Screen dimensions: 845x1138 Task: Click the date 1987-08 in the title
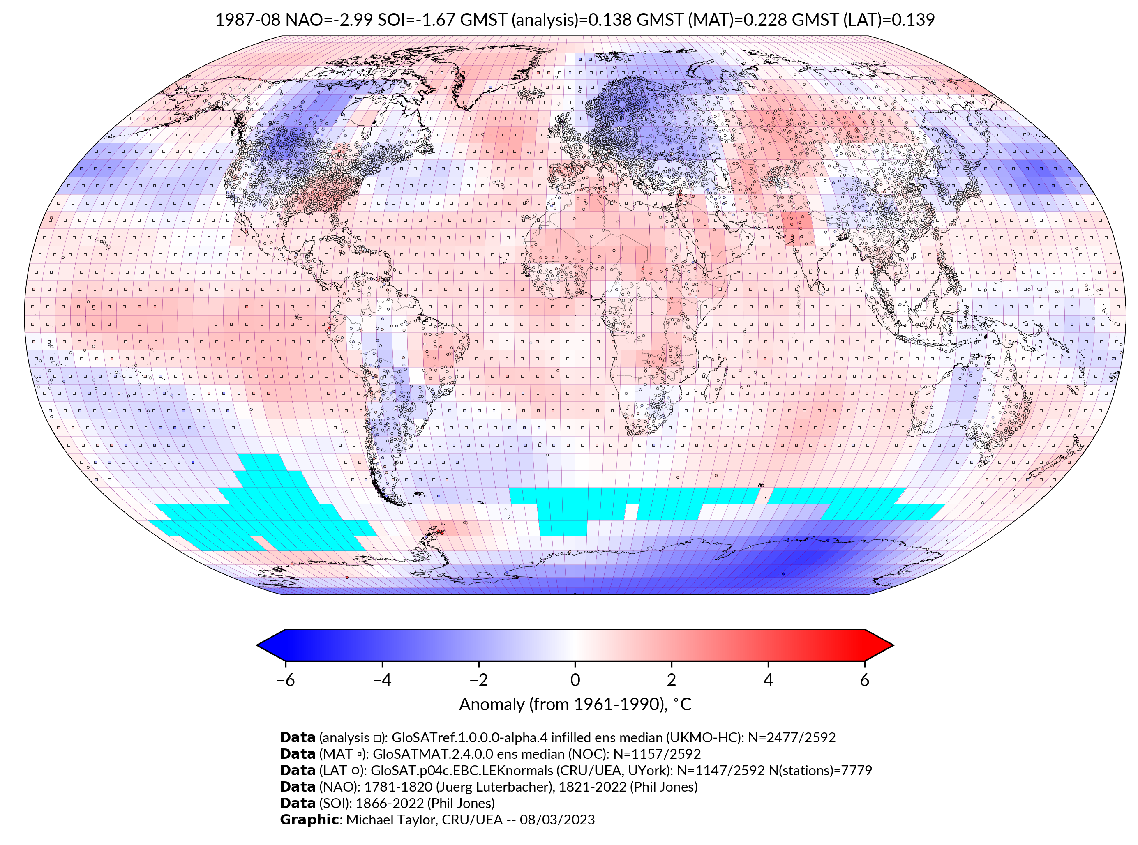click(248, 20)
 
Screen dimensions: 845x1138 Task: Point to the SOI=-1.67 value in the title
click(416, 20)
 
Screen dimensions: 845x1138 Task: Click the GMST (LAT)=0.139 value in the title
click(863, 20)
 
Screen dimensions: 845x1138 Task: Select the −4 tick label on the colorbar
click(382, 680)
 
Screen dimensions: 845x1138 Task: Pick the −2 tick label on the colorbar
click(478, 680)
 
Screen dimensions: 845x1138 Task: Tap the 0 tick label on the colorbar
click(575, 680)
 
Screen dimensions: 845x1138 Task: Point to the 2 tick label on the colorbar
click(672, 680)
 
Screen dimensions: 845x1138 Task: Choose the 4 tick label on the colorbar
click(768, 680)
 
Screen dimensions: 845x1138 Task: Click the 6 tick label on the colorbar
click(865, 680)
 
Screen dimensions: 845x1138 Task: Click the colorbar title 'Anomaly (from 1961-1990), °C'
click(575, 705)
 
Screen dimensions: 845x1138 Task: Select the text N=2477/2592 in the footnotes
click(792, 738)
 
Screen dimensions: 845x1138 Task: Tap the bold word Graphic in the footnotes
click(309, 820)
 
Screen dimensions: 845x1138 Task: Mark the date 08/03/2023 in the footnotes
click(557, 820)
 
